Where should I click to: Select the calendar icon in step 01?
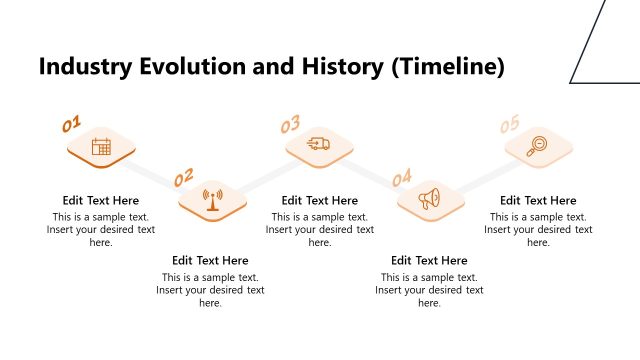101,147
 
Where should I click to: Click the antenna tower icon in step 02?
212,199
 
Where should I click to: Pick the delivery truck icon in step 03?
320,145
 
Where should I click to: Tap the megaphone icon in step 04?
430,199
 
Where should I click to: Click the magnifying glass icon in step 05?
538,146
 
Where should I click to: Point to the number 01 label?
72,125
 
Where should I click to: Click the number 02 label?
183,178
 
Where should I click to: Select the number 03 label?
290,125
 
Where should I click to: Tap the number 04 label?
402,178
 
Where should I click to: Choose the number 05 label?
510,124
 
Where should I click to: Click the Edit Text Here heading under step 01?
101,200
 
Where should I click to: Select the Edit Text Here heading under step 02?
210,261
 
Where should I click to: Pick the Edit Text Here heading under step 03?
320,200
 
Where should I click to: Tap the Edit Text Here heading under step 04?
429,261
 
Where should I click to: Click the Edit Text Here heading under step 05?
538,200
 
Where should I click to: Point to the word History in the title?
341,68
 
